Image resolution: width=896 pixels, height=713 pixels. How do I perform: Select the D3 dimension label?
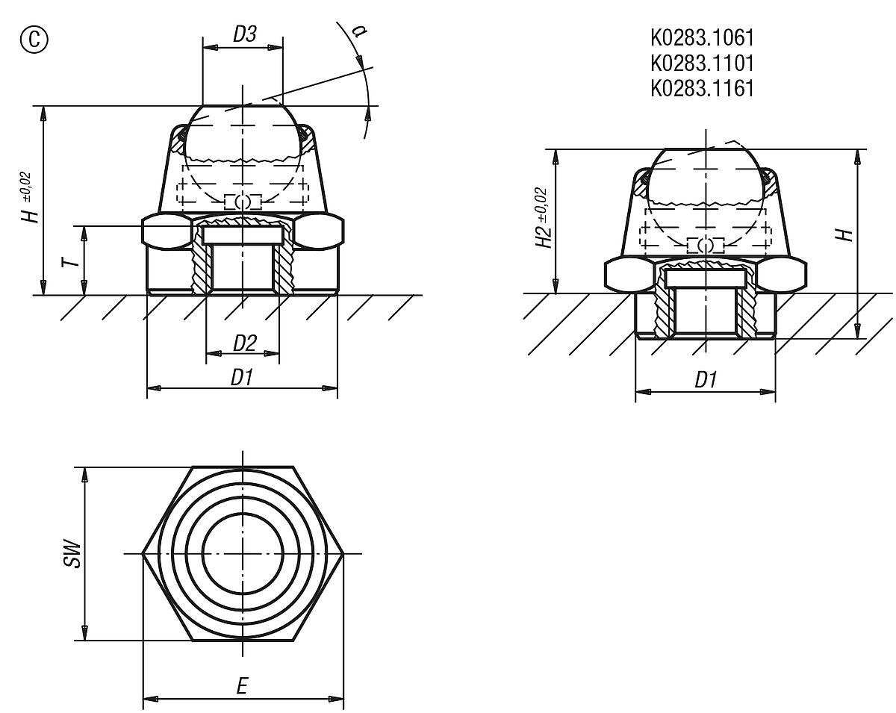point(243,34)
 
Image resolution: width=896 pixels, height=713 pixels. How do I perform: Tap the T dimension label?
point(69,261)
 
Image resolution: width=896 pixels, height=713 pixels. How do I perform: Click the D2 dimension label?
point(244,343)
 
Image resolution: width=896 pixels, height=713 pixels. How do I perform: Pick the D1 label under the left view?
point(241,378)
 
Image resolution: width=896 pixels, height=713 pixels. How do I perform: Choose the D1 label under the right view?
point(705,380)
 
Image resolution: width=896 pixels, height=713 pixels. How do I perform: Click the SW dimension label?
point(72,553)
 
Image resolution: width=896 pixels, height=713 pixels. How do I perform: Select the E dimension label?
point(241,688)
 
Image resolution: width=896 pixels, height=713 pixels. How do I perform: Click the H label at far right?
point(844,234)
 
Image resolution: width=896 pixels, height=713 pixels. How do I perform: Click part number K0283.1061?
point(702,37)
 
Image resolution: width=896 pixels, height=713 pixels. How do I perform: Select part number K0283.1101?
point(702,62)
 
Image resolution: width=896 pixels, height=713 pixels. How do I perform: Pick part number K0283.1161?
point(702,87)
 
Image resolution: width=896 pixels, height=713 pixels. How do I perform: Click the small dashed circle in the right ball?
point(705,245)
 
